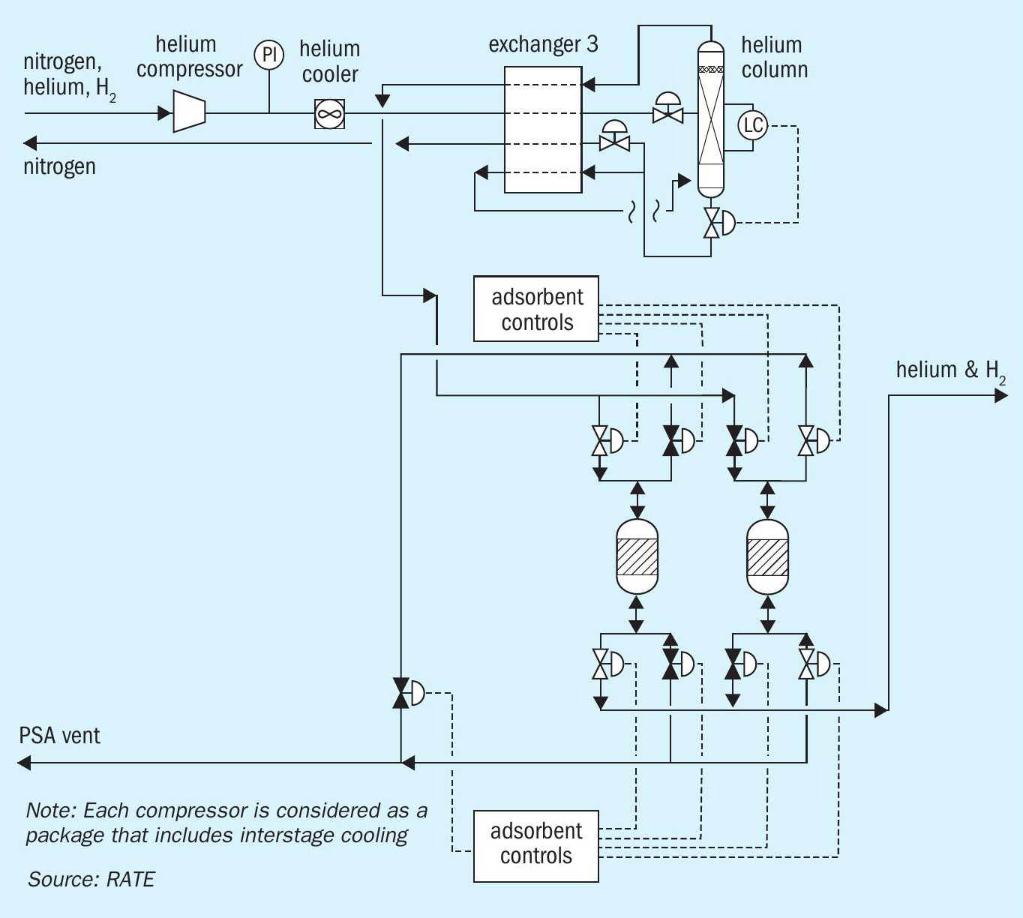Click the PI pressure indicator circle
(x=268, y=55)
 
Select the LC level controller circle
(x=753, y=124)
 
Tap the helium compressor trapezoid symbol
(x=189, y=111)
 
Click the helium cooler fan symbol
(x=330, y=113)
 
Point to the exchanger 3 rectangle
(x=543, y=130)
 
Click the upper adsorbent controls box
(x=536, y=308)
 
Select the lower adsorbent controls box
(x=536, y=846)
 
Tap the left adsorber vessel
(x=637, y=556)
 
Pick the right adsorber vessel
(x=767, y=556)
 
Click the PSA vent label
(x=59, y=736)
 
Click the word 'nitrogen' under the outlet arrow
(x=59, y=167)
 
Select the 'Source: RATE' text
(x=91, y=879)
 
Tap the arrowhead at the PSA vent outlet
(x=24, y=763)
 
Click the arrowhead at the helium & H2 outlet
(x=1001, y=395)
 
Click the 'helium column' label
(x=775, y=58)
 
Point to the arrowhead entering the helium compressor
(x=164, y=113)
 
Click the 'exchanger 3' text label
(x=543, y=44)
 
